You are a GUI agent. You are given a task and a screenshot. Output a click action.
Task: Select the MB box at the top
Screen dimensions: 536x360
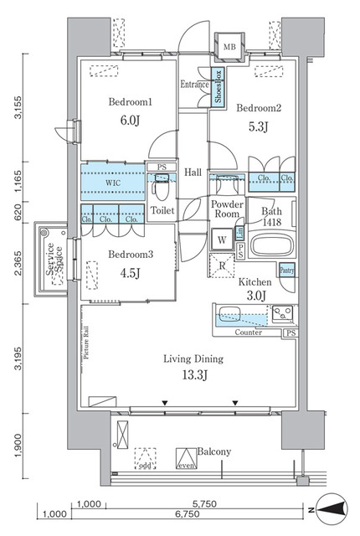[x=228, y=47]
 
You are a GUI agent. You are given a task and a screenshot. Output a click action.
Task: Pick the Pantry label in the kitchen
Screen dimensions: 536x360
[x=286, y=271]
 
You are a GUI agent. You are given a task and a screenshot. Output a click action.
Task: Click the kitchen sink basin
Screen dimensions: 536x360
[x=231, y=317]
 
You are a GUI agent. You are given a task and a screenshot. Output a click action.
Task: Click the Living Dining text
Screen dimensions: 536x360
[x=193, y=359]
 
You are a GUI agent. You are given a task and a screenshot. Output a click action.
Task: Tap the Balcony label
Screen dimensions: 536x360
[x=213, y=451]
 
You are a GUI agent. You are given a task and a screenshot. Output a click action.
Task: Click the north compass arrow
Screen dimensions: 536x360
[x=332, y=508]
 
